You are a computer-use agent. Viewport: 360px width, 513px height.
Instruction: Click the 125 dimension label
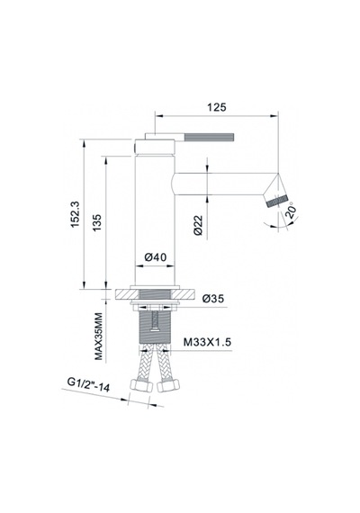coord(217,107)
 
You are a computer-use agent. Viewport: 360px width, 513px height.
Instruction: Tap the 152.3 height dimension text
coord(75,214)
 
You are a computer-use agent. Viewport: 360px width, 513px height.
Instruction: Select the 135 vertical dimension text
coord(97,222)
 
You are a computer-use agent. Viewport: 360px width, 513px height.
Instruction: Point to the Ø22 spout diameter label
coord(198,225)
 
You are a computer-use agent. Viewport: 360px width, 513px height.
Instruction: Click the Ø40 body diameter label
coord(156,257)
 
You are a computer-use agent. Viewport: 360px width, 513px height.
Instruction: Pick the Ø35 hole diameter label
coord(213,299)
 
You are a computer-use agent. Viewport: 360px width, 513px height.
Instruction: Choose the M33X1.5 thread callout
coord(207,342)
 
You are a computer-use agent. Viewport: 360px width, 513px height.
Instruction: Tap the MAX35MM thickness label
coord(98,337)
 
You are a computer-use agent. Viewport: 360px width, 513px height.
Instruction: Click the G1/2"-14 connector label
coord(88,384)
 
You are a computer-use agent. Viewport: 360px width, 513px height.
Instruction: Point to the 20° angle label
coord(291,211)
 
